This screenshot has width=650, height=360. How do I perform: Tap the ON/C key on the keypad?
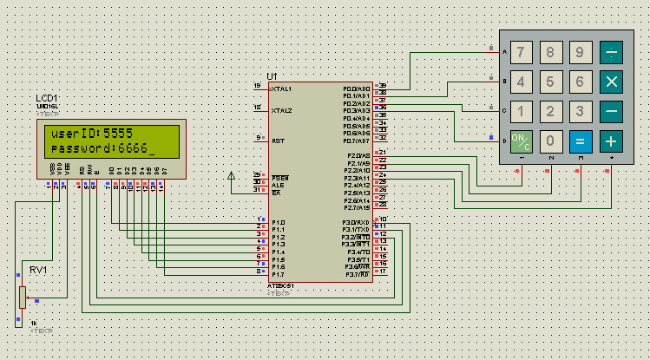pyautogui.click(x=521, y=141)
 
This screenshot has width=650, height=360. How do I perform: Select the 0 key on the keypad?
pyautogui.click(x=550, y=141)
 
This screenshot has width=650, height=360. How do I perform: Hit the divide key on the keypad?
pyautogui.click(x=611, y=53)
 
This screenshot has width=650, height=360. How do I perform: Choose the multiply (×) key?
pyautogui.click(x=611, y=82)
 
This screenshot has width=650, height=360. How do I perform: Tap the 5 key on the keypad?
pyautogui.click(x=550, y=82)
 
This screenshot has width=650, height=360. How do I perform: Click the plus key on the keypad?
pyautogui.click(x=611, y=141)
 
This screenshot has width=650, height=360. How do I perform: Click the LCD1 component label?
pyautogui.click(x=47, y=97)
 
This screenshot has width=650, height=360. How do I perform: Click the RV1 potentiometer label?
pyautogui.click(x=37, y=269)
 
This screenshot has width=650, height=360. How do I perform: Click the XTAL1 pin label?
pyautogui.click(x=282, y=88)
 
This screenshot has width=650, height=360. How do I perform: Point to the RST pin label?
pyautogui.click(x=277, y=140)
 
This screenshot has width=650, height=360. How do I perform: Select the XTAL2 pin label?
pyautogui.click(x=282, y=111)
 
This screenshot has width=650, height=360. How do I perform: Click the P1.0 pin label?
pyautogui.click(x=278, y=222)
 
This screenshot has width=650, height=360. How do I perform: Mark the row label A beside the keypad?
pyautogui.click(x=504, y=52)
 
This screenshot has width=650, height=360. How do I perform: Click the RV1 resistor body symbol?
pyautogui.click(x=21, y=298)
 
